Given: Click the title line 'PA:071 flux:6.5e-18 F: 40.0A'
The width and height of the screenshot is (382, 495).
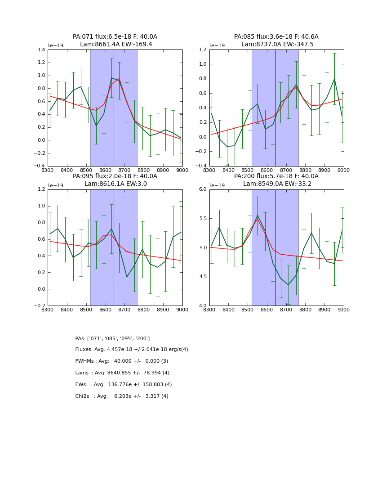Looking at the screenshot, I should [x=115, y=37].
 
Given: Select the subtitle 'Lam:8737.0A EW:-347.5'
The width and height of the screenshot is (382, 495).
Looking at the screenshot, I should [x=277, y=45].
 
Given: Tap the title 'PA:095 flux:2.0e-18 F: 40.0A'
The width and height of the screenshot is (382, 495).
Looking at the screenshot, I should [x=115, y=176].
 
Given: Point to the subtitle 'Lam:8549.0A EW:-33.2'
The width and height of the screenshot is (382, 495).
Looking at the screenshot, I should [x=276, y=184].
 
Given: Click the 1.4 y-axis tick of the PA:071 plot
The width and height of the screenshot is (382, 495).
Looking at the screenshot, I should [x=40, y=50].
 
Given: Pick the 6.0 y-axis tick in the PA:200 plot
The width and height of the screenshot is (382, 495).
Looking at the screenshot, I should [x=202, y=189].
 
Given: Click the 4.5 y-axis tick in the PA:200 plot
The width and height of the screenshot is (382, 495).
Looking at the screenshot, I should [x=202, y=277].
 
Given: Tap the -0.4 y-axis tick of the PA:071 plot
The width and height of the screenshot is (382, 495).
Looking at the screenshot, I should [x=39, y=166].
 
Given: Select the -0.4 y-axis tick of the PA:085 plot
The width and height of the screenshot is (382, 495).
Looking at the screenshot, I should [x=200, y=166].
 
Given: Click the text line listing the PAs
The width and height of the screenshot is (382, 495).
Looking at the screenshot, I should [x=112, y=338].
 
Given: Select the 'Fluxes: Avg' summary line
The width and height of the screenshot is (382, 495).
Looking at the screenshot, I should [x=132, y=350].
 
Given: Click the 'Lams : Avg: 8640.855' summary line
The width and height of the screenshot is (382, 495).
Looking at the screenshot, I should [x=122, y=373].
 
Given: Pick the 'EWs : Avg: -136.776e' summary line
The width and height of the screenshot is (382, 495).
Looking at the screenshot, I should [x=124, y=385].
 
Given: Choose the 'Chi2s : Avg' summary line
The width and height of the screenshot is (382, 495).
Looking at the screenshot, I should [x=122, y=396].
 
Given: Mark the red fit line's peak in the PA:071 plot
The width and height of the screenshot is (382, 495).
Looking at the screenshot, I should [x=119, y=79].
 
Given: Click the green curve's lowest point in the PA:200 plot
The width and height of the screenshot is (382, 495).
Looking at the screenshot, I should [x=289, y=285].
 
